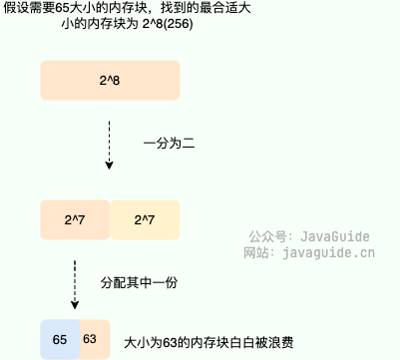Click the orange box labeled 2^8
(x=110, y=79)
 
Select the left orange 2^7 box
(x=75, y=218)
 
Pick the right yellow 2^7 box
(x=144, y=218)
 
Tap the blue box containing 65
(x=59, y=340)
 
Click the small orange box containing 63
(x=89, y=340)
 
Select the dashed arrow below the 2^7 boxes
(x=76, y=282)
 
